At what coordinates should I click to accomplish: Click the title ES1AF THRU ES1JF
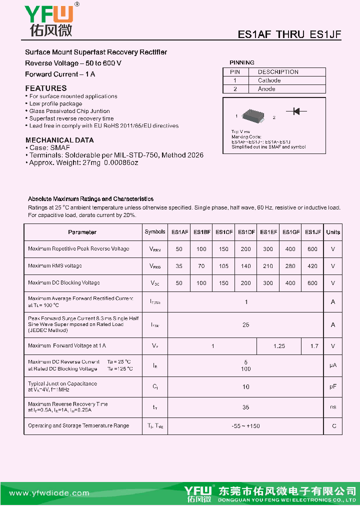pos(289,34)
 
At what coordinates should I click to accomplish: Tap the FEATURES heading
pos(46,88)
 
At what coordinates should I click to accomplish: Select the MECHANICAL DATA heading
pos(59,140)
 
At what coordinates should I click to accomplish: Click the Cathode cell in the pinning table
pos(269,80)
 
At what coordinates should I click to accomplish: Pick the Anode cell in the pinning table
pos(266,89)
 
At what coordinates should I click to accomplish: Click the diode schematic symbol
pos(296,111)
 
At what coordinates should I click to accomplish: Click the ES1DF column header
pos(246,232)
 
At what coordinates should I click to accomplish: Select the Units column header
pos(333,232)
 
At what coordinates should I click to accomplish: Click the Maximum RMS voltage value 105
pos(223,266)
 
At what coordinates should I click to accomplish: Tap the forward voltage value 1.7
pos(313,346)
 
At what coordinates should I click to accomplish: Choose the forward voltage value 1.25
pos(279,346)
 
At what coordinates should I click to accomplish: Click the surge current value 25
pos(245,325)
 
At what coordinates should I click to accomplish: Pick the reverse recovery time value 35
pos(245,407)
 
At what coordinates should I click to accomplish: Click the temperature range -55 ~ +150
pos(245,426)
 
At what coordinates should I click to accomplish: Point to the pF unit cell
pos(333,387)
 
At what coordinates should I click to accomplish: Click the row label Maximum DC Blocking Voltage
pos(64,283)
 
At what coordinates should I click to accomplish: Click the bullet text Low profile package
pos(55,103)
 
